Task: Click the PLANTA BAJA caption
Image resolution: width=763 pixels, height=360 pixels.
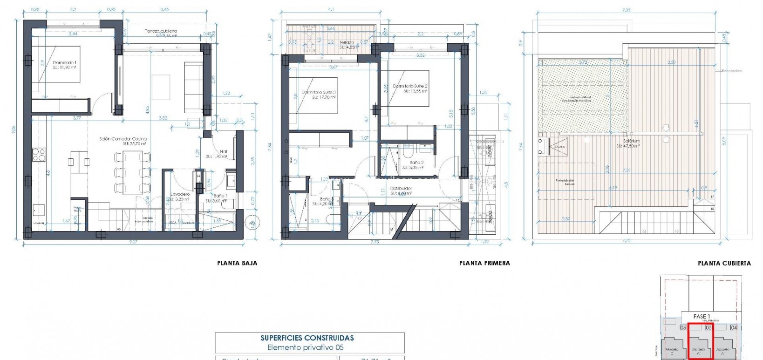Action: (237, 263)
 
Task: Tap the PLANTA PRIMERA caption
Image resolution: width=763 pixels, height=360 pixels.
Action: (484, 263)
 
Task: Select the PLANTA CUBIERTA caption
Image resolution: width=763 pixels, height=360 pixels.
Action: (724, 263)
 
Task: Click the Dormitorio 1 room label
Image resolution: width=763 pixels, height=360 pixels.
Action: (65, 62)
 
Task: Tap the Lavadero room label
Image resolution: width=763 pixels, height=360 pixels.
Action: (179, 194)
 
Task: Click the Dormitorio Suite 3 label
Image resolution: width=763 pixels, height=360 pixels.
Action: (319, 93)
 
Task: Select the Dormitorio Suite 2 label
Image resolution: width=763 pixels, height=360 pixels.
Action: (410, 86)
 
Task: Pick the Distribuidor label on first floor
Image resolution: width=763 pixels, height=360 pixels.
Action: (401, 189)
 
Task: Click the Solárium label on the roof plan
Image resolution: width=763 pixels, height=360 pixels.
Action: (632, 141)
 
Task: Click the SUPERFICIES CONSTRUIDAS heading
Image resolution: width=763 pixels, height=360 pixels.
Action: (307, 338)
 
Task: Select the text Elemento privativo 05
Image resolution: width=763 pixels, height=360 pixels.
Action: (306, 347)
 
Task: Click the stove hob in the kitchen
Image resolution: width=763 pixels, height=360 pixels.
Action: (38, 154)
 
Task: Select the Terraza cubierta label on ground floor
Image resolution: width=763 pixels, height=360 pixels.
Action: (161, 31)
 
